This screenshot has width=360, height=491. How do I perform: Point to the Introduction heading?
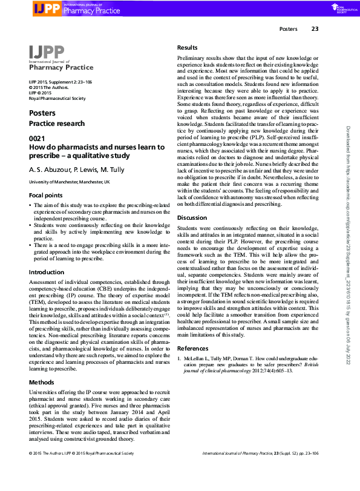click(x=46, y=272)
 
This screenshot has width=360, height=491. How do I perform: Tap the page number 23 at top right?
click(x=315, y=28)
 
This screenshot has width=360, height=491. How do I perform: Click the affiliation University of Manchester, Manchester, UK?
click(x=69, y=182)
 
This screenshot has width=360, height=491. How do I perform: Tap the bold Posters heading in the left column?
click(x=42, y=113)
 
